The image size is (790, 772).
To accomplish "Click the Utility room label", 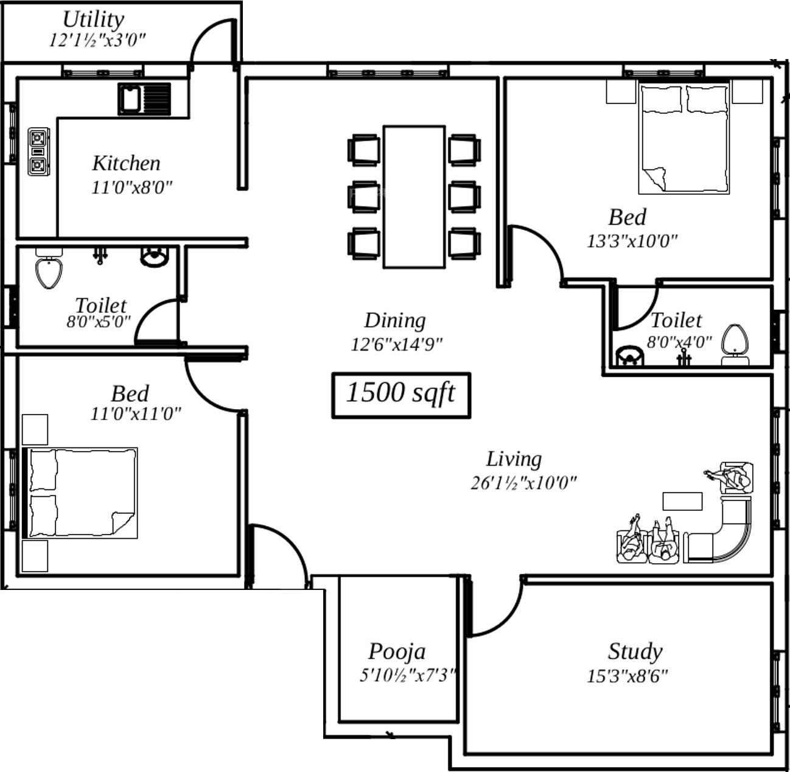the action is coord(93,19).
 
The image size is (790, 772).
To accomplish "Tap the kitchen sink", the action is coord(144,99).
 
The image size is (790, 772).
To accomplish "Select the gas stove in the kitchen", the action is coord(38,152).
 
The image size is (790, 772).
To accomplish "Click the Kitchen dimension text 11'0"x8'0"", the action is coord(132,188).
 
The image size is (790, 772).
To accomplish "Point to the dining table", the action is coord(414,197).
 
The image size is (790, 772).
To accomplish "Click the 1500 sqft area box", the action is coord(401,395).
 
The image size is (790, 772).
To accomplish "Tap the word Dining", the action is coord(395,321).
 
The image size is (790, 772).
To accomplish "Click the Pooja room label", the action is coord(397,651).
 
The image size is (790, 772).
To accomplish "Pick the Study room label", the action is coord(635,652).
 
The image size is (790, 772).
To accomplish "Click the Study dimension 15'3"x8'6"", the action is coord(627,676).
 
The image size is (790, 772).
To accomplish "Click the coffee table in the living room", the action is coord(682,501).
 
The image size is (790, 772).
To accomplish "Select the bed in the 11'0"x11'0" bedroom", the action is coord(80,493).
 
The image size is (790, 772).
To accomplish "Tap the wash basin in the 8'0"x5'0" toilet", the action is coord(154,257).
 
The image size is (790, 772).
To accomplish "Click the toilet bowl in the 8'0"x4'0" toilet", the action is coord(735,345).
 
